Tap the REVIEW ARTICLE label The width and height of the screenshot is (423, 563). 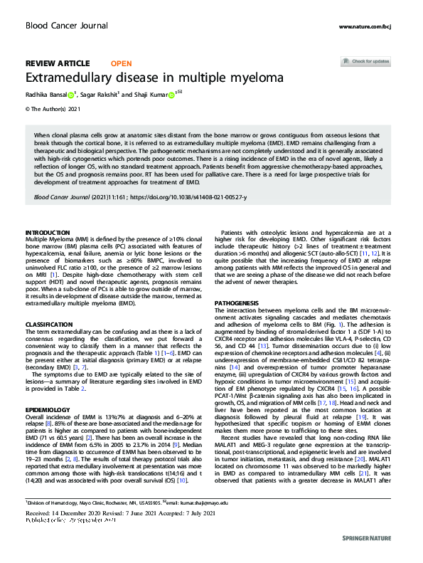point(58,63)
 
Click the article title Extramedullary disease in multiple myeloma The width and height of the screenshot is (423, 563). point(154,77)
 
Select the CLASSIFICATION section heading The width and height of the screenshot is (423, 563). point(50,304)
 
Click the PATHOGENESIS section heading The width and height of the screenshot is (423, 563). point(237,303)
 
